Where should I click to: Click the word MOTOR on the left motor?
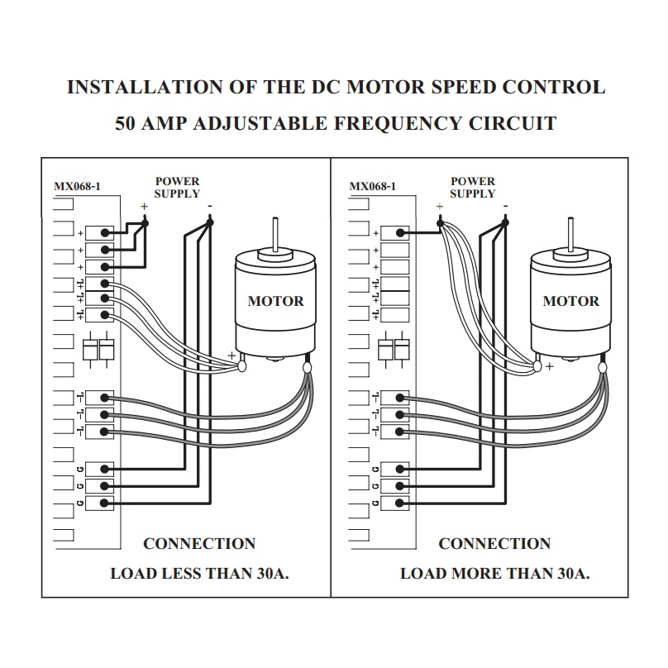coord(275,301)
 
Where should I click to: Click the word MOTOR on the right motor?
coord(571,301)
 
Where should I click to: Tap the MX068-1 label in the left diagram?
coord(77,186)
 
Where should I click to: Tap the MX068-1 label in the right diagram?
coord(372,186)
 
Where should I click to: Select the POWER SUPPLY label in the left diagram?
coord(177,188)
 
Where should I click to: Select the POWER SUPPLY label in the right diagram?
coord(473,188)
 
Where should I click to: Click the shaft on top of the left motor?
coord(275,234)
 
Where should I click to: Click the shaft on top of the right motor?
coord(571,234)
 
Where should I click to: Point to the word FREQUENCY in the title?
coord(398,123)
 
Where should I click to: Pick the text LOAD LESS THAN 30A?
coord(199,574)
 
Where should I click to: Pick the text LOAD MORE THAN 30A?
coord(495,574)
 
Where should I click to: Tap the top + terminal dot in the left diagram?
coord(105,233)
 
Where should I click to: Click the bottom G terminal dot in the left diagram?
coord(104,503)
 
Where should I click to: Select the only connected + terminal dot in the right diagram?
coord(400,233)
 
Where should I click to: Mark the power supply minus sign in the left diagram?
coord(210,207)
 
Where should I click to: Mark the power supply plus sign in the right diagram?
coord(440,207)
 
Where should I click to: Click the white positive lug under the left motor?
coord(241,366)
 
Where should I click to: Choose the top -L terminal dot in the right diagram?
coord(399,398)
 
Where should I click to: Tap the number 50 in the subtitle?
coord(126,123)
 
